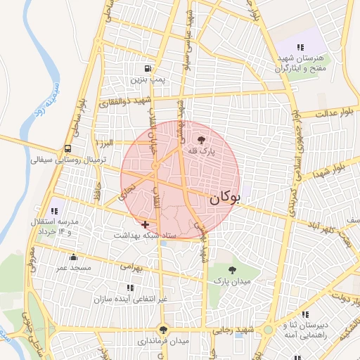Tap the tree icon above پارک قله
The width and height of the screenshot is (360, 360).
202,141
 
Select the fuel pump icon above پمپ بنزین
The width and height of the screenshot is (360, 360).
148,69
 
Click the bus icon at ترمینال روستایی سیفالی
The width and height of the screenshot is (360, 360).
67,149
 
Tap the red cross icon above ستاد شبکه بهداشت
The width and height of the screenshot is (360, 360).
145,224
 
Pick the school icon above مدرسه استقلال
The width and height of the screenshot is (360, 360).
54,210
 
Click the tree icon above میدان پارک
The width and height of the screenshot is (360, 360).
233,270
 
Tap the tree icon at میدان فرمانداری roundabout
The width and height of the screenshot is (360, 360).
163,329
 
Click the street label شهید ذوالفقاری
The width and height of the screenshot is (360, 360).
117,103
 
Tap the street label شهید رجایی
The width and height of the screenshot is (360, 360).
236,330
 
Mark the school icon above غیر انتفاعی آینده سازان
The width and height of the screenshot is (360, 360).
129,287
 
